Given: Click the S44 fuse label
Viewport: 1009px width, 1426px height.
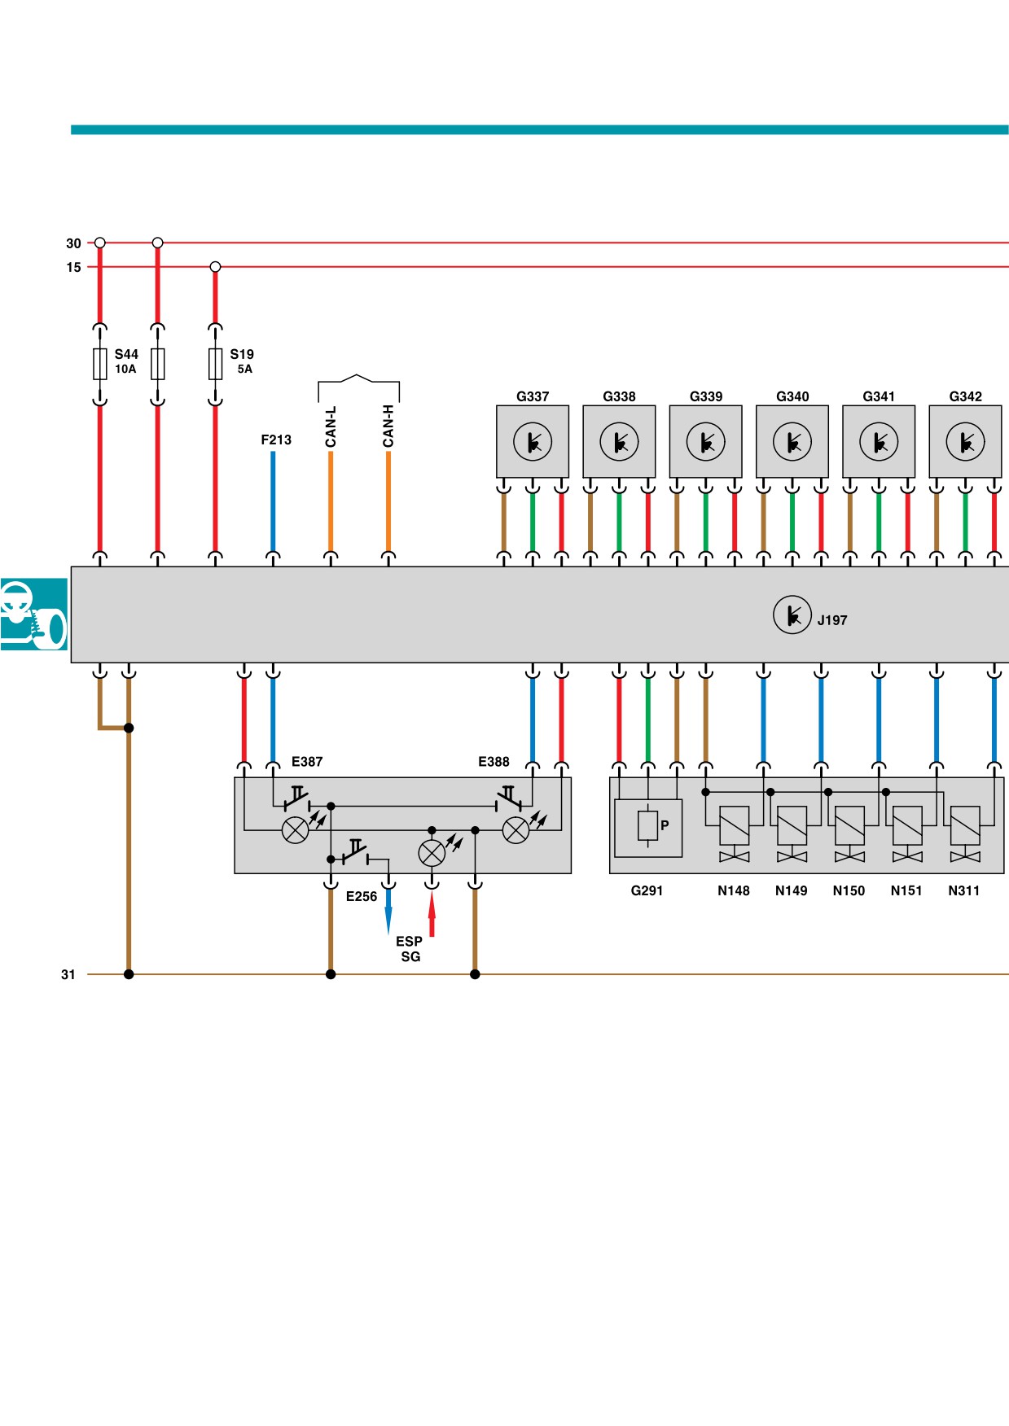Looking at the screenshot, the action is tap(126, 354).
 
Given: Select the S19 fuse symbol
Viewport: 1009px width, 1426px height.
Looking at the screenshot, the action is tap(215, 364).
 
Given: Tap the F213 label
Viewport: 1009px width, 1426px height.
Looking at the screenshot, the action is tap(276, 440).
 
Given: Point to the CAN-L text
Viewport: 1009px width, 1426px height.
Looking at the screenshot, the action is tap(331, 426).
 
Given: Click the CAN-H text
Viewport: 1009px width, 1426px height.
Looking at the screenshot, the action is tap(388, 426).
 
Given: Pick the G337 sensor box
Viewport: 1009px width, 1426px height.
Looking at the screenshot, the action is tap(533, 442).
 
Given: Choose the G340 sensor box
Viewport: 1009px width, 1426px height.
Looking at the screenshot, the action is tap(792, 442).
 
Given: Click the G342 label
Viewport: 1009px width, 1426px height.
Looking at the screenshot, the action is tap(966, 396).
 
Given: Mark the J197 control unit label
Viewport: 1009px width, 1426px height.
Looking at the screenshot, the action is tap(832, 620).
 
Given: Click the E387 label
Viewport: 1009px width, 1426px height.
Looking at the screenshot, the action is tap(307, 762).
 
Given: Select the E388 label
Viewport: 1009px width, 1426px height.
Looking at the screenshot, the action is tap(494, 762).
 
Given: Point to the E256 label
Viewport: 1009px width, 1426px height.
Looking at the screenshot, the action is tap(362, 896).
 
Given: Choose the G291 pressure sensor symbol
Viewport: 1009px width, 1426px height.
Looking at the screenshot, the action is tap(648, 828).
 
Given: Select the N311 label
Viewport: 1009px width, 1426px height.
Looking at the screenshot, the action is tap(964, 890).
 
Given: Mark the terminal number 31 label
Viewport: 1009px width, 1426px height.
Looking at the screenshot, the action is tap(68, 974).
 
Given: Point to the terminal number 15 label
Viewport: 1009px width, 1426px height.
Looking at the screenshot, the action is tap(74, 267).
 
